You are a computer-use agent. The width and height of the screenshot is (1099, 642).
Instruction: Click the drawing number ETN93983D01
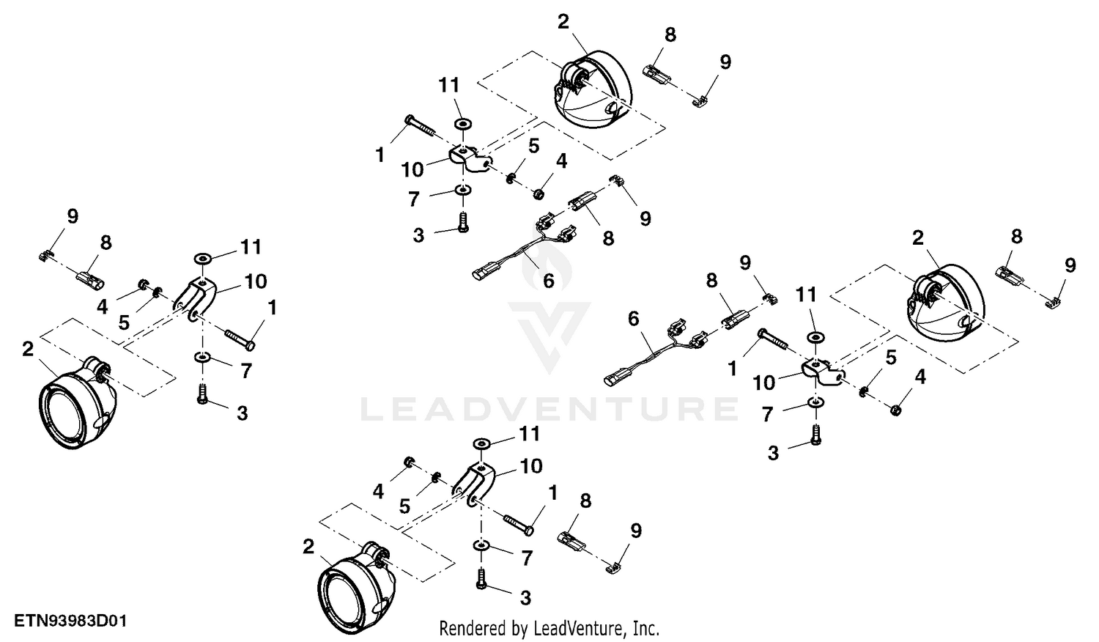pyautogui.click(x=70, y=621)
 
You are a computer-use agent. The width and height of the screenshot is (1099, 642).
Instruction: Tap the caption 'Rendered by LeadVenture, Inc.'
pyautogui.click(x=549, y=628)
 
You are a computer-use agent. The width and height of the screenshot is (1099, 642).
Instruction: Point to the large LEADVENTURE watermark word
pyautogui.click(x=549, y=410)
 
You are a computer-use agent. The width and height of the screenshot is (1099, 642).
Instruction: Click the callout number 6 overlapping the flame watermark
pyautogui.click(x=549, y=281)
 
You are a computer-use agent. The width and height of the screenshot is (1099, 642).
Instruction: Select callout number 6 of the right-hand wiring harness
pyautogui.click(x=634, y=319)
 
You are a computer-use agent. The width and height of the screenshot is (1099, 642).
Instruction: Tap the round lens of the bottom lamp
pyautogui.click(x=347, y=602)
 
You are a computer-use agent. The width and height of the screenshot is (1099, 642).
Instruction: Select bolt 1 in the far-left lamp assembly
pyautogui.click(x=240, y=339)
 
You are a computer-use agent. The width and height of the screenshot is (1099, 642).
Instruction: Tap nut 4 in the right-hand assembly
pyautogui.click(x=895, y=410)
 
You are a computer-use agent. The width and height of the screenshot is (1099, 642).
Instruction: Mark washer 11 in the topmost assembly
pyautogui.click(x=462, y=123)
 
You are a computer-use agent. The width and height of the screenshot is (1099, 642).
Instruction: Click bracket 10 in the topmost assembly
pyautogui.click(x=470, y=159)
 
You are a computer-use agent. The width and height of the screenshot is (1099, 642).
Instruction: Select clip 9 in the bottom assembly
pyautogui.click(x=611, y=569)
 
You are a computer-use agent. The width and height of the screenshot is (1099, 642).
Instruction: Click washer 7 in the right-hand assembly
pyautogui.click(x=815, y=402)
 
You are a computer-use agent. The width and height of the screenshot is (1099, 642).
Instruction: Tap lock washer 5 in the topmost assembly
pyautogui.click(x=511, y=177)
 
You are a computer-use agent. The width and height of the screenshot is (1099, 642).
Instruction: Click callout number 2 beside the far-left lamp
pyautogui.click(x=28, y=350)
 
